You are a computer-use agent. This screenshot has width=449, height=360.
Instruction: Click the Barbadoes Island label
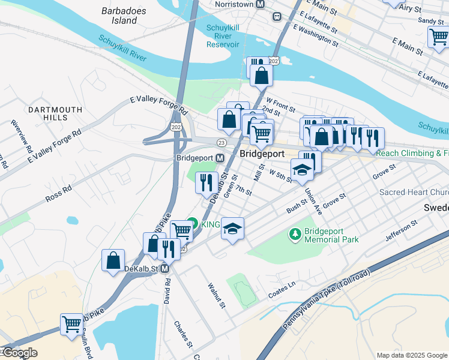coord(119,16)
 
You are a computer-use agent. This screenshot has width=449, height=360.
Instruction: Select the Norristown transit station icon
coord(260,4)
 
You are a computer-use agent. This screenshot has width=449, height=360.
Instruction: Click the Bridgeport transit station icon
coord(220,158)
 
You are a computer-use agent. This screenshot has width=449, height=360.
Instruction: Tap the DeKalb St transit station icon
coord(164,270)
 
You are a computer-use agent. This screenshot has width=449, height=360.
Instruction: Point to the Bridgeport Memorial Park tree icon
coord(295,233)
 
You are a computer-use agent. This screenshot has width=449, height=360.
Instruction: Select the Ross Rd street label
coord(58,193)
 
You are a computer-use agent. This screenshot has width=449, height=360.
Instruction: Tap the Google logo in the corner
coord(19,353)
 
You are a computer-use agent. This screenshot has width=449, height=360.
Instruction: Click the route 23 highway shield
coord(221,142)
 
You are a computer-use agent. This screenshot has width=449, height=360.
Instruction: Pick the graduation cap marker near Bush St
coord(232,229)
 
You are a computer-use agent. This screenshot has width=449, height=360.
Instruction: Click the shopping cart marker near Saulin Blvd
coord(71,324)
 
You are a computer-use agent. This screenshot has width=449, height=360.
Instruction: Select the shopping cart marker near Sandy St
coord(438,37)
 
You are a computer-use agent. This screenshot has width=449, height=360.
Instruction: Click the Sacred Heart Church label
coord(414,193)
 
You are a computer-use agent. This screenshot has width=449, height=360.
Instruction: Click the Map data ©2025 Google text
coord(411,355)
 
